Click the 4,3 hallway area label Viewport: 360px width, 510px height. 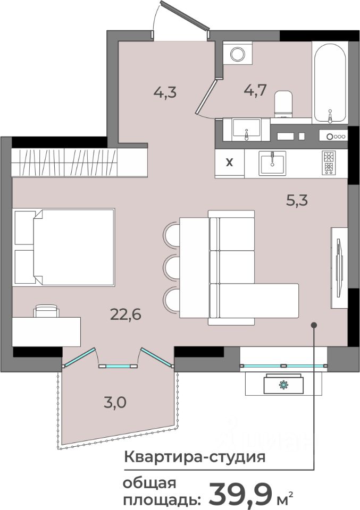[165, 92]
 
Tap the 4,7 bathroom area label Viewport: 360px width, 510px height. [255, 90]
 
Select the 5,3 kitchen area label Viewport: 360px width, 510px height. [297, 200]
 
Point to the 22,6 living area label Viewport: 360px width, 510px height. [125, 314]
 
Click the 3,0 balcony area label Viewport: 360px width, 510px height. [115, 403]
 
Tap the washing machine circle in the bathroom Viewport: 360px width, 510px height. [237, 54]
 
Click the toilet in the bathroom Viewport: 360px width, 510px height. [283, 104]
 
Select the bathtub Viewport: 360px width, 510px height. [330, 83]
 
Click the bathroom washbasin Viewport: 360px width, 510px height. [246, 130]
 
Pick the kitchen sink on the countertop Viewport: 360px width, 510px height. [272, 163]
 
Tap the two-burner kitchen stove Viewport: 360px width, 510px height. [329, 163]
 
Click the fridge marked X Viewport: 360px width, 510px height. [230, 163]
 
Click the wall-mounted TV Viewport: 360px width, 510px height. [339, 267]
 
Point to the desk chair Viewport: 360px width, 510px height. [47, 311]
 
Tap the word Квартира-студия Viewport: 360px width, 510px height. [195, 457]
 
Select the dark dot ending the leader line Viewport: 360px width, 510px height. [314, 325]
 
